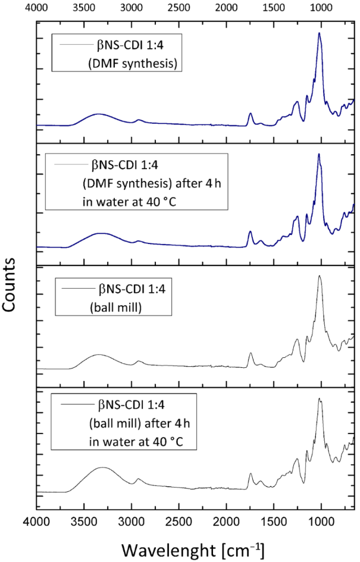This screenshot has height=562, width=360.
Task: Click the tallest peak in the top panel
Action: pyautogui.click(x=320, y=33)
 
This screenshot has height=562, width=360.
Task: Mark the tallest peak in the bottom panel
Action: pyautogui.click(x=320, y=398)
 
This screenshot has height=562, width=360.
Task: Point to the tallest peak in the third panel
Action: pyautogui.click(x=320, y=276)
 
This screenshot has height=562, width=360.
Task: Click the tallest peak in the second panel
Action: pyautogui.click(x=319, y=154)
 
